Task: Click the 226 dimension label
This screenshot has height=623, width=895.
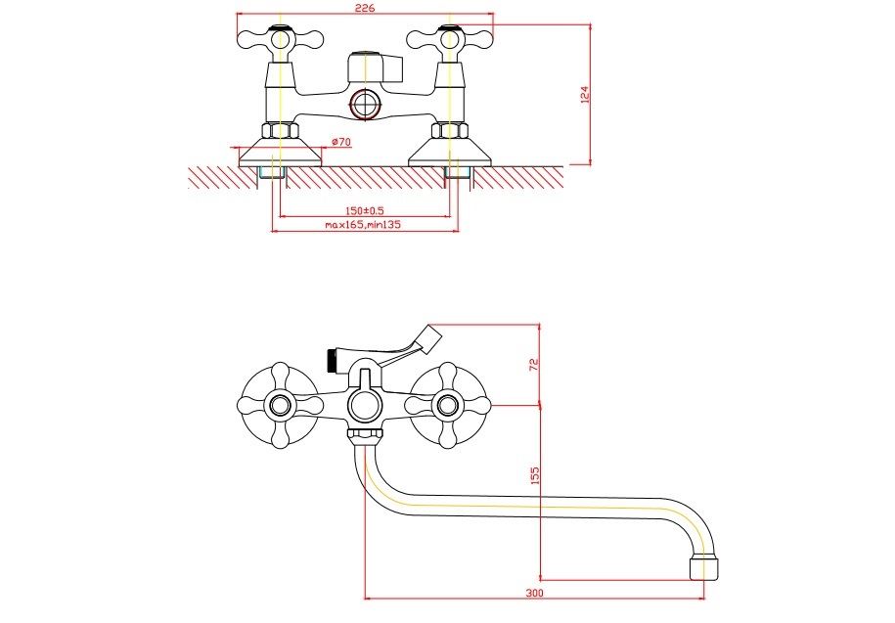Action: (365, 9)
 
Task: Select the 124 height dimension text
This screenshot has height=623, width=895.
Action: (585, 95)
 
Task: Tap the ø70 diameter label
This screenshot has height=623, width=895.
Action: (341, 142)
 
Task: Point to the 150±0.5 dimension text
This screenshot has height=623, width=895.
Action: (364, 211)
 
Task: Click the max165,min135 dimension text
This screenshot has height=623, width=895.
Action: (364, 225)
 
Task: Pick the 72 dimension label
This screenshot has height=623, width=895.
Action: (533, 364)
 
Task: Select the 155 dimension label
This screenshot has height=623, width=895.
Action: (533, 475)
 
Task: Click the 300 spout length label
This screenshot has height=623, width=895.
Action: (534, 593)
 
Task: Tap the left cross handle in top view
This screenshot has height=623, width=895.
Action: (281, 40)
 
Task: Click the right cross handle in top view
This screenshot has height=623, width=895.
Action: (449, 40)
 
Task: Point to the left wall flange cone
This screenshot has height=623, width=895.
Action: (281, 149)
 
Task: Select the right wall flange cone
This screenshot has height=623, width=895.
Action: (449, 149)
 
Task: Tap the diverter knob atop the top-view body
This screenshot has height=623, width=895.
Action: (373, 67)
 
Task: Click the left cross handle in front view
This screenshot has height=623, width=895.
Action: (281, 404)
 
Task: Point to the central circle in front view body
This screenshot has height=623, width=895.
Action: (365, 403)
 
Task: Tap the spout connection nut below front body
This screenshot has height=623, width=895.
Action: (365, 435)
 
